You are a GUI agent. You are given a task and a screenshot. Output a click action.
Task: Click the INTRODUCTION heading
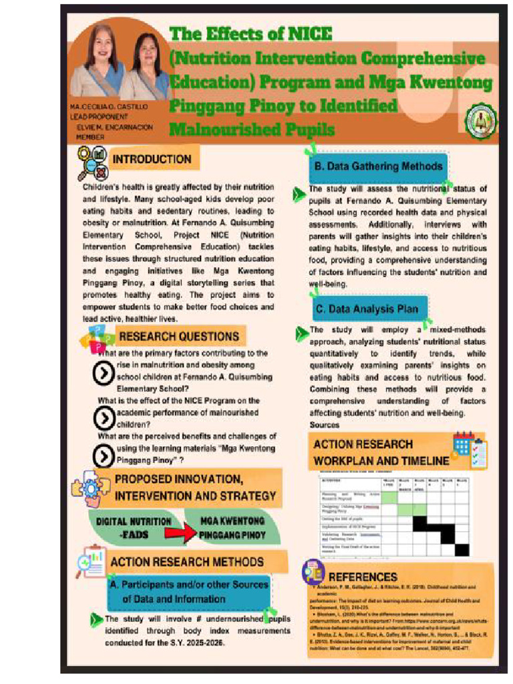point(152,160)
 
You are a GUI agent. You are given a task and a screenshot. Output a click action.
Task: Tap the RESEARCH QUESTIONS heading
point(178,336)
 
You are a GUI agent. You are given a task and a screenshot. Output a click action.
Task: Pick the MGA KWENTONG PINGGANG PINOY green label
point(233,528)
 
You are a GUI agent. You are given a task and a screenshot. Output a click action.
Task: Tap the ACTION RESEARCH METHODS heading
point(186,562)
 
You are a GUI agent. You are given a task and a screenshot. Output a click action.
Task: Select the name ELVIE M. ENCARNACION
point(114,127)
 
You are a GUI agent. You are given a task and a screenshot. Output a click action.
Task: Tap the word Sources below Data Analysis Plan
point(324,425)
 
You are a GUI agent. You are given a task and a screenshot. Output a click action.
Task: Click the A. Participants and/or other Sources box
point(189,592)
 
